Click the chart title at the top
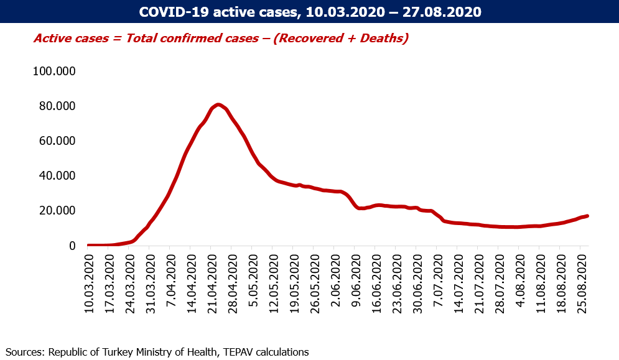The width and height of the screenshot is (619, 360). pyautogui.click(x=310, y=12)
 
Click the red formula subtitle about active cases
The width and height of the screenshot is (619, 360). pyautogui.click(x=221, y=39)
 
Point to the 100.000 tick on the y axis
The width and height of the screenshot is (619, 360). pyautogui.click(x=54, y=71)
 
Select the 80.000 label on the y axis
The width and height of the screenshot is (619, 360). pyautogui.click(x=57, y=106)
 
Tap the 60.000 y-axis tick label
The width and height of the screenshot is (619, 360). pyautogui.click(x=57, y=141)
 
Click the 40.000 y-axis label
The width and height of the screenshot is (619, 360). pyautogui.click(x=57, y=176)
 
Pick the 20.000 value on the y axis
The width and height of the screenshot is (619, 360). pyautogui.click(x=57, y=210)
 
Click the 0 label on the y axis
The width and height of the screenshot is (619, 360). pyautogui.click(x=72, y=246)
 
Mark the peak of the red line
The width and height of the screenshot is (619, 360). pyautogui.click(x=218, y=104)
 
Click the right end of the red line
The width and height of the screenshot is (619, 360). pyautogui.click(x=588, y=216)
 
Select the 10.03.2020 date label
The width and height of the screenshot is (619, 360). pyautogui.click(x=90, y=284)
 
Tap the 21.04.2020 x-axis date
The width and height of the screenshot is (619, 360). pyautogui.click(x=213, y=284)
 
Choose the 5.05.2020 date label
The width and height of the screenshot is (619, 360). pyautogui.click(x=254, y=281)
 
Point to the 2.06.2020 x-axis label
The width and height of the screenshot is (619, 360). pyautogui.click(x=336, y=281)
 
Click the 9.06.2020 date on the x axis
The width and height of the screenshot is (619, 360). pyautogui.click(x=356, y=281)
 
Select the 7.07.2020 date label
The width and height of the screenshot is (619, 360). pyautogui.click(x=439, y=281)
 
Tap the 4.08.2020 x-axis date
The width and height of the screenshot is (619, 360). pyautogui.click(x=521, y=281)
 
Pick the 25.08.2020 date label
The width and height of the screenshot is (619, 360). pyautogui.click(x=582, y=284)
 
